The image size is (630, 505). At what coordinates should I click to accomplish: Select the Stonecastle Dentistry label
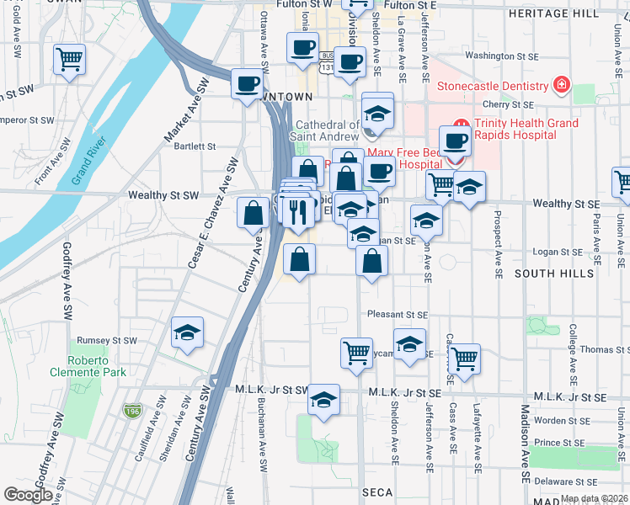tap(492, 86)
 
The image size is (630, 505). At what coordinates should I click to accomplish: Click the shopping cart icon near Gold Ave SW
tap(69, 60)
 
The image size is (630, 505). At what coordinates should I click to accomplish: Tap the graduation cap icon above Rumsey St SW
tap(188, 332)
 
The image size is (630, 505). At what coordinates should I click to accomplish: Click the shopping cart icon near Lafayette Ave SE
tap(463, 358)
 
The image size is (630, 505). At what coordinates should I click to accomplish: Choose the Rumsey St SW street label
tap(107, 341)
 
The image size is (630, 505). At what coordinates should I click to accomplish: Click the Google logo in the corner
tap(28, 495)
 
